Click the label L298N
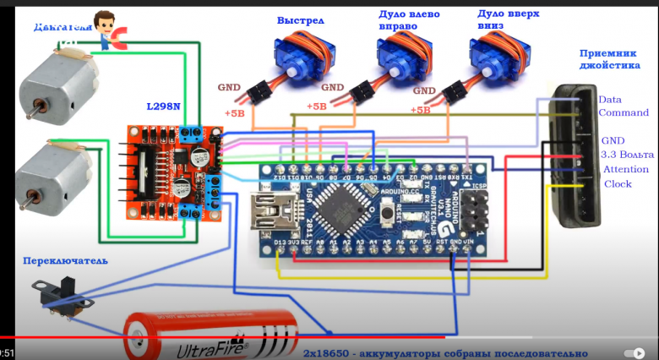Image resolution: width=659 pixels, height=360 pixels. click(164, 106)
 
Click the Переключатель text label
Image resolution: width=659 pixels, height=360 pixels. click(66, 261)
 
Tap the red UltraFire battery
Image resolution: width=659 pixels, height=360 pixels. click(211, 336)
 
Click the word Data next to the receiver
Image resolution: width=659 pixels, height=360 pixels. click(609, 99)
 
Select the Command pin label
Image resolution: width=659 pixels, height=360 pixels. click(624, 112)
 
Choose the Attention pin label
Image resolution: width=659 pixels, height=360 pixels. click(626, 170)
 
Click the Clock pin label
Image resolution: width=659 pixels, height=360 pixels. click(618, 184)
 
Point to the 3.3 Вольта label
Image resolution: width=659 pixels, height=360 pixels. click(627, 155)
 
